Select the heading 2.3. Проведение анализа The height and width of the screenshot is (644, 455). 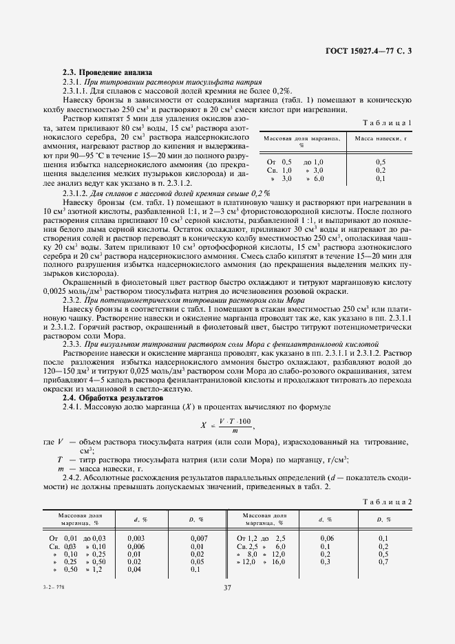107,72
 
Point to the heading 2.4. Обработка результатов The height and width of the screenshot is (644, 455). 114,398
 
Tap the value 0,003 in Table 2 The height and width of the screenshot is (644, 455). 136,537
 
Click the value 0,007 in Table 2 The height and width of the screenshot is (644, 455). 198,537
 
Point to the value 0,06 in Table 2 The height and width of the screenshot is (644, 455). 327,537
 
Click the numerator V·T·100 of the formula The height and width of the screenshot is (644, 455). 235,421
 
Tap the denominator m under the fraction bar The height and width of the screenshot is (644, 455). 235,430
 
